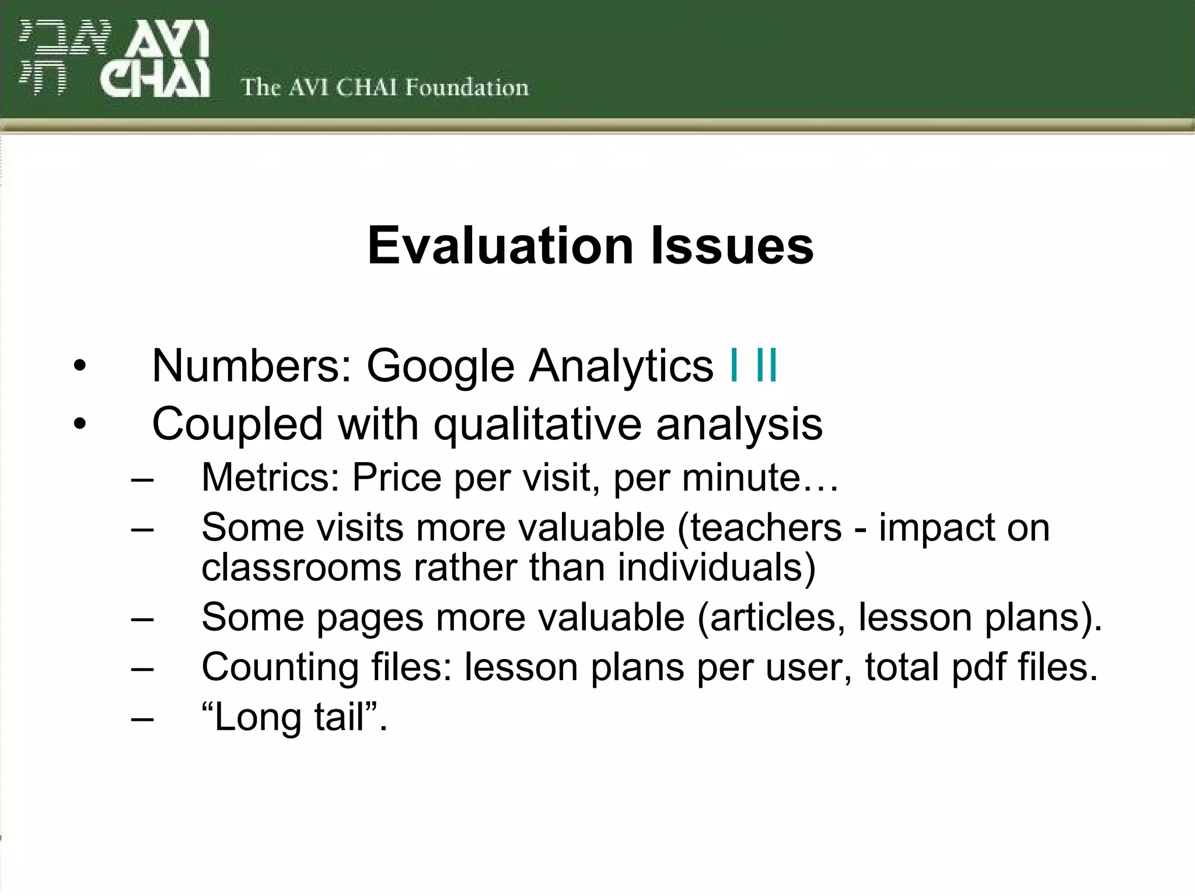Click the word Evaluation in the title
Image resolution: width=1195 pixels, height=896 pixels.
[500, 246]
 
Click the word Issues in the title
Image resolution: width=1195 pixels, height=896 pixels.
[732, 246]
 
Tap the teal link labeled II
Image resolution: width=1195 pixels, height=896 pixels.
[766, 366]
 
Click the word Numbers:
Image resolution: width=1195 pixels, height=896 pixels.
[251, 366]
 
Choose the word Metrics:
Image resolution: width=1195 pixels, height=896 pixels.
[270, 477]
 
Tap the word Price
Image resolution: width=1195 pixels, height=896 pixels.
[397, 477]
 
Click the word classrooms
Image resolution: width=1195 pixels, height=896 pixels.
[301, 567]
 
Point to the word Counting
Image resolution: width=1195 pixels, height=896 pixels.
[279, 667]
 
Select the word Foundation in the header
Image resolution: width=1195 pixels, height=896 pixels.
[467, 87]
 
